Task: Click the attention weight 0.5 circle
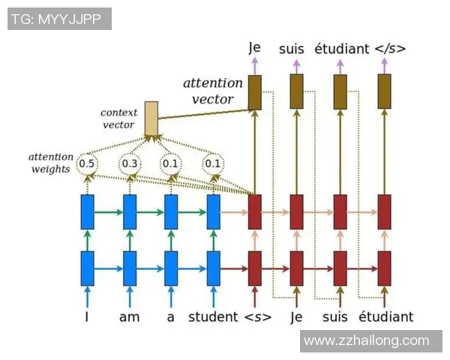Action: pyautogui.click(x=87, y=163)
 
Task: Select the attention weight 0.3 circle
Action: pyautogui.click(x=130, y=163)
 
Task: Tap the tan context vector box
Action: pyautogui.click(x=151, y=118)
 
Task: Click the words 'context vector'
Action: pyautogui.click(x=118, y=118)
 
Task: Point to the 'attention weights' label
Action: pyautogui.click(x=51, y=163)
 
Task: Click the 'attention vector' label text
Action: pyautogui.click(x=213, y=91)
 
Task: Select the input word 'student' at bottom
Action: pyautogui.click(x=213, y=317)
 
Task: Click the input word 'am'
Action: pyautogui.click(x=130, y=317)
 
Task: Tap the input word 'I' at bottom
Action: pyautogui.click(x=87, y=317)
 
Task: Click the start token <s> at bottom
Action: pyautogui.click(x=258, y=317)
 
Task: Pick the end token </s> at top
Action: pyautogui.click(x=390, y=49)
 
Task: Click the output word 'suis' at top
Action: pyautogui.click(x=292, y=49)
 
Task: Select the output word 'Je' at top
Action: pyautogui.click(x=254, y=48)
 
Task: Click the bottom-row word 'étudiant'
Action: pyautogui.click(x=386, y=317)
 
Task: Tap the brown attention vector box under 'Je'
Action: pyautogui.click(x=255, y=92)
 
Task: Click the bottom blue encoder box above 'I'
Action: pyautogui.click(x=88, y=268)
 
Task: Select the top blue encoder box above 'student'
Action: pyautogui.click(x=214, y=211)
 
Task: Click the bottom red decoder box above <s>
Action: pyautogui.click(x=255, y=268)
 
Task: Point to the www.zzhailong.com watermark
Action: pyautogui.click(x=367, y=341)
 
